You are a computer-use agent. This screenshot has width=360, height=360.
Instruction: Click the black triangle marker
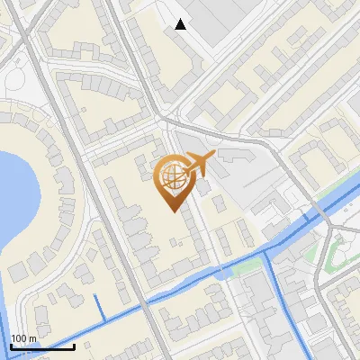pyautogui.click(x=181, y=24)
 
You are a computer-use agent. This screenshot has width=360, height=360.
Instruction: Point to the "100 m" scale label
pyautogui.click(x=23, y=338)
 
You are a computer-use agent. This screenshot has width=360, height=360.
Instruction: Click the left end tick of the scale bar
pyautogui.click(x=11, y=346)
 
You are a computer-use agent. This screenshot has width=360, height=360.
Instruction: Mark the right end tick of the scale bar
pyautogui.click(x=75, y=346)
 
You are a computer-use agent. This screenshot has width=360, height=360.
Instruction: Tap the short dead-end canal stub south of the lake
pyautogui.click(x=98, y=305)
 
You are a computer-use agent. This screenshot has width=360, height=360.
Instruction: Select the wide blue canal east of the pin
pyautogui.click(x=297, y=225)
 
